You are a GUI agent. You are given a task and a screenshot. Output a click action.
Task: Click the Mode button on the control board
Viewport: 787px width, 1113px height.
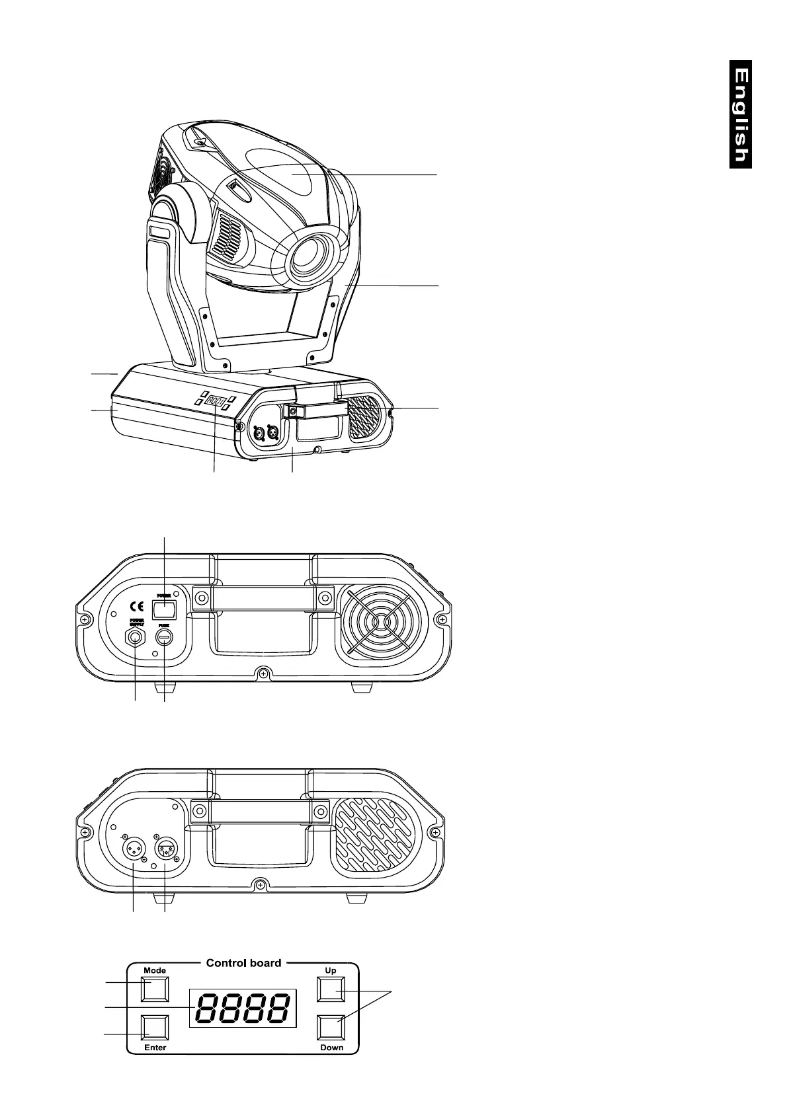click(155, 989)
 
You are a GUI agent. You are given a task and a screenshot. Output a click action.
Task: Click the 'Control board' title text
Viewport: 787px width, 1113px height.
click(243, 962)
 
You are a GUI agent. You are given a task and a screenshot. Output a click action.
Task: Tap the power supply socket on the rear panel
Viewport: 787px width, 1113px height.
click(136, 638)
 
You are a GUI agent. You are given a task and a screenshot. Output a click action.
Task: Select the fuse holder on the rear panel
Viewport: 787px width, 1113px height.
click(164, 637)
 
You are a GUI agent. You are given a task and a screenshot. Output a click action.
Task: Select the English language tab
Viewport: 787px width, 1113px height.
click(741, 114)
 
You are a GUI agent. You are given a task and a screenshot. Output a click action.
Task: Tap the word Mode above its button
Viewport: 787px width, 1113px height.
click(155, 970)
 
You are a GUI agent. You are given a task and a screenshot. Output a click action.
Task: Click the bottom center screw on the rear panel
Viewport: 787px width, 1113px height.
click(263, 673)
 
